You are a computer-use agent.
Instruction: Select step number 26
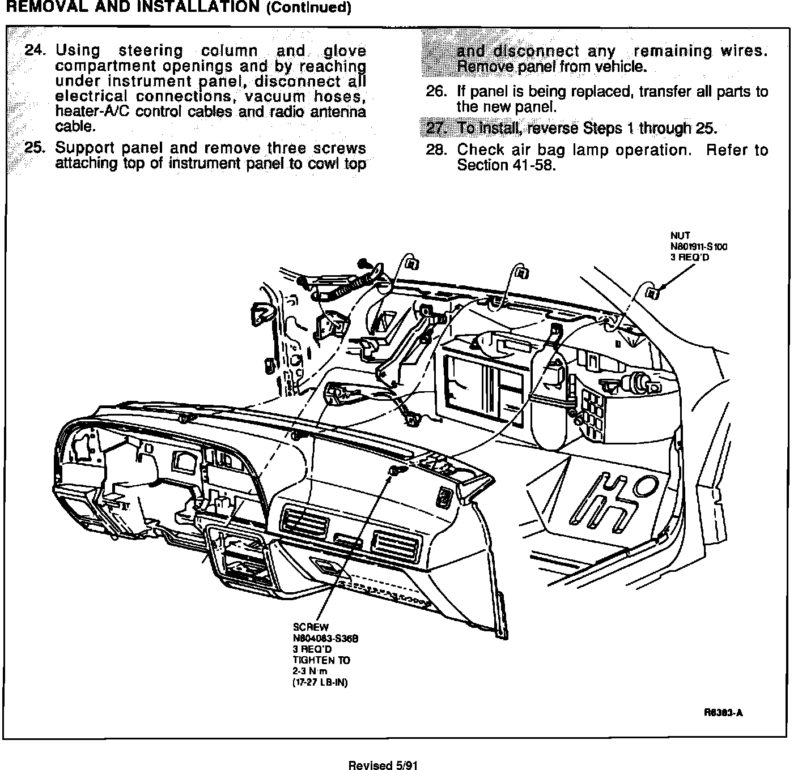tap(438, 92)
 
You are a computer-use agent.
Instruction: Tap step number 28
tap(436, 150)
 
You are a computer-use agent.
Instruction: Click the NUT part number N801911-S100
tap(699, 246)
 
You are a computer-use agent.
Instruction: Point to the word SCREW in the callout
tap(311, 627)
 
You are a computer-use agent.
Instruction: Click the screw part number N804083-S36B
tap(325, 638)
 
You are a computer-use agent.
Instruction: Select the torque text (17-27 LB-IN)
tap(320, 682)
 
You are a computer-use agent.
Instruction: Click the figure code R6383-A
tap(723, 713)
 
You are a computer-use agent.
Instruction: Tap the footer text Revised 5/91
tap(383, 765)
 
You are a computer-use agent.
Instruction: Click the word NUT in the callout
tap(680, 236)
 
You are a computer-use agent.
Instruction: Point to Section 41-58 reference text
tap(506, 165)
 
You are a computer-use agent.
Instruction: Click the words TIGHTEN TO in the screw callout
tap(321, 660)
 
